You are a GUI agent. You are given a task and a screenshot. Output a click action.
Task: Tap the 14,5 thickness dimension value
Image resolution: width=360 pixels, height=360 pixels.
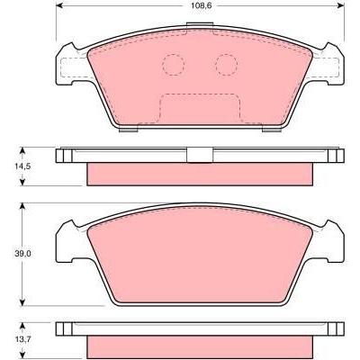(22, 166)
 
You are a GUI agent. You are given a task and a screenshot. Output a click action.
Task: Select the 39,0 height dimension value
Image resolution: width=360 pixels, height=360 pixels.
(22, 254)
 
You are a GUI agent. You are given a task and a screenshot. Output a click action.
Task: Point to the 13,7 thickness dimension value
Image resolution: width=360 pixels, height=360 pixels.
(22, 339)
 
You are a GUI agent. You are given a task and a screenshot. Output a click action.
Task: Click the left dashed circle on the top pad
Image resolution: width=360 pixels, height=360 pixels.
(174, 65)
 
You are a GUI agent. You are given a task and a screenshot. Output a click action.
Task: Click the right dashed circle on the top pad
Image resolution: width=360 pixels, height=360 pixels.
(227, 65)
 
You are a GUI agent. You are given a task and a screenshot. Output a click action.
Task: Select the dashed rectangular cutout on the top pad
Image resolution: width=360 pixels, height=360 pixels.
(200, 109)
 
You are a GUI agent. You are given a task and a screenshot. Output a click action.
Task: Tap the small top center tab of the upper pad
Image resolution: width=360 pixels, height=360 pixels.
(200, 25)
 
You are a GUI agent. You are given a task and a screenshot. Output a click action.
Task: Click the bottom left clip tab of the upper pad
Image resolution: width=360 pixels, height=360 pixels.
(129, 130)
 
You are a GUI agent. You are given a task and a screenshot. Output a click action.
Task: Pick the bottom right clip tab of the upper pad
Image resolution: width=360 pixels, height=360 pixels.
(272, 130)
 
